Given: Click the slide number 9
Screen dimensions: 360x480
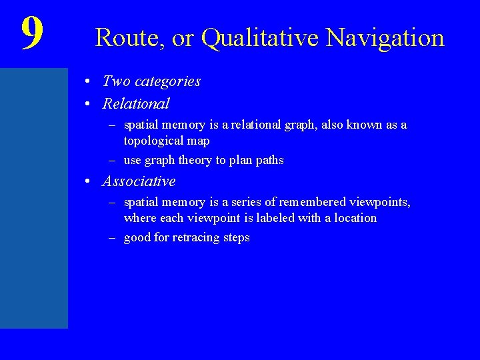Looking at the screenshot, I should (32, 33).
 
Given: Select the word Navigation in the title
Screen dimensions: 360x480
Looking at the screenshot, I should (385, 38).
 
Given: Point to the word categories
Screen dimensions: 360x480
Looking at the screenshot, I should (167, 81).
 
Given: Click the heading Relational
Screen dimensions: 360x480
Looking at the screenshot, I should (136, 104).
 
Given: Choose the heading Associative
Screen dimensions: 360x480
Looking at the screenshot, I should (139, 181).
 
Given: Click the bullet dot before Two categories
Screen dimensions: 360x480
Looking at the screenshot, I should (89, 82).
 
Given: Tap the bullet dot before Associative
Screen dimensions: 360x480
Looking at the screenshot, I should (89, 182).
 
